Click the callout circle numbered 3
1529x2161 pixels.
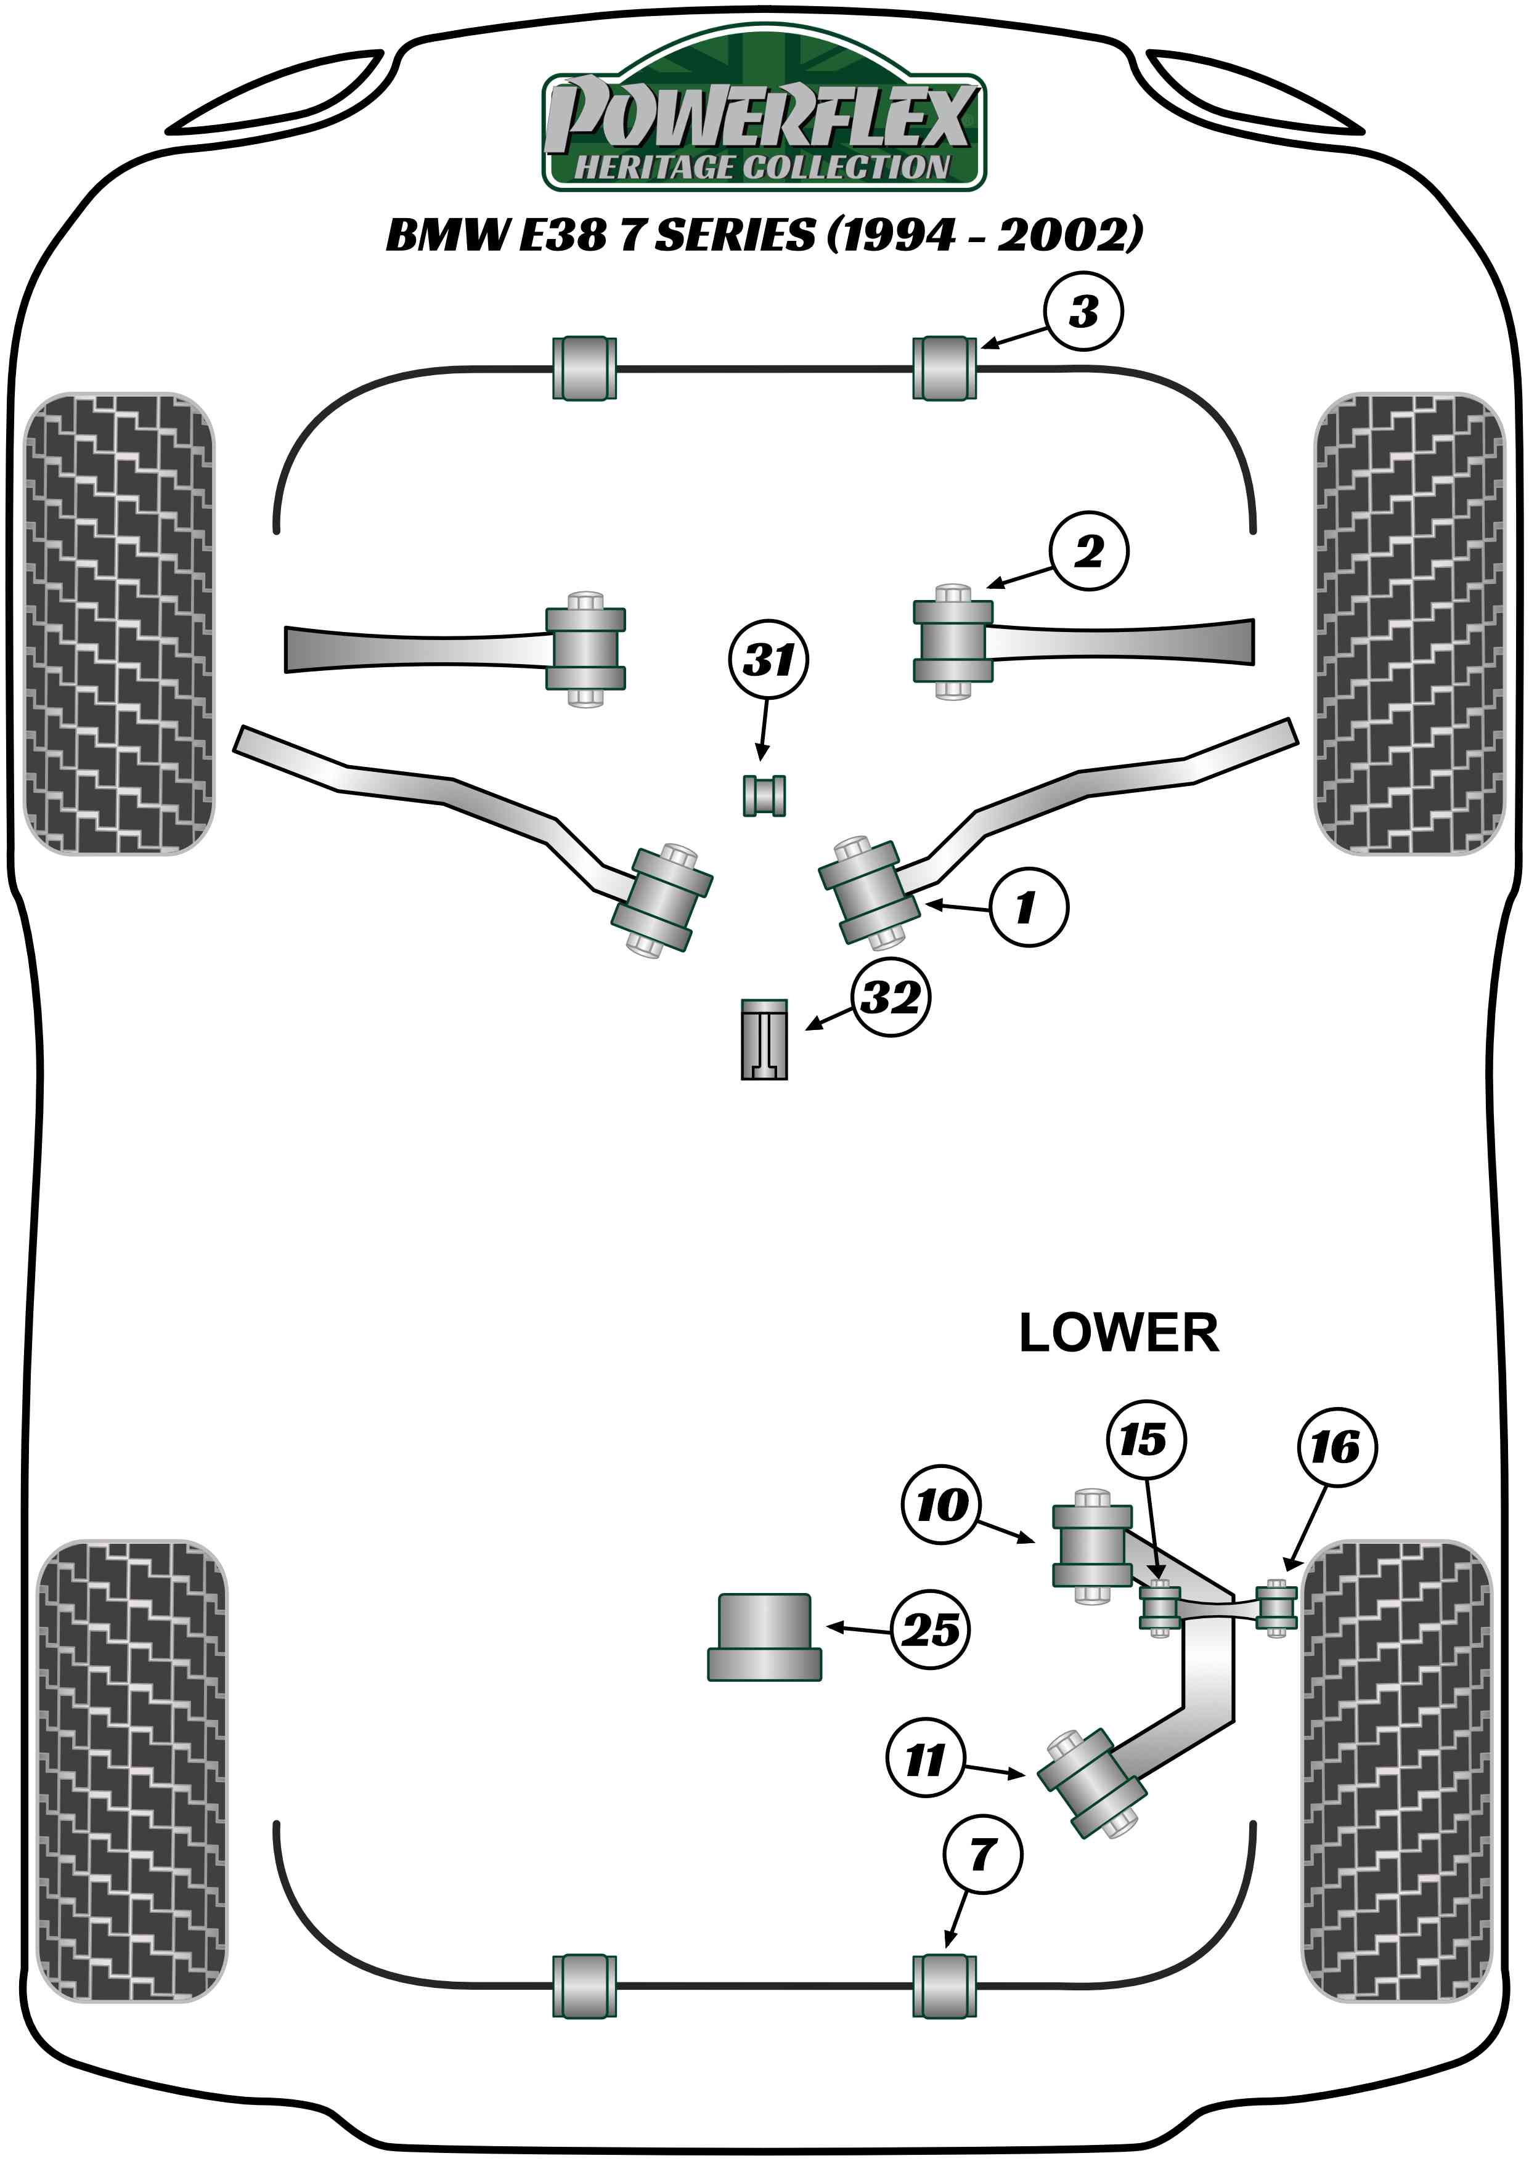pos(1083,312)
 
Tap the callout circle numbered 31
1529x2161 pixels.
pos(769,660)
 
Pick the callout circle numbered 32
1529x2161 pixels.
pos(891,998)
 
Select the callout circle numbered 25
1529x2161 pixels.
pos(930,1629)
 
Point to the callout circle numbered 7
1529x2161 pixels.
pos(982,1855)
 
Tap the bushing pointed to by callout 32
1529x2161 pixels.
pos(764,1039)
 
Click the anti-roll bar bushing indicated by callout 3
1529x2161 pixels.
pos(944,368)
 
